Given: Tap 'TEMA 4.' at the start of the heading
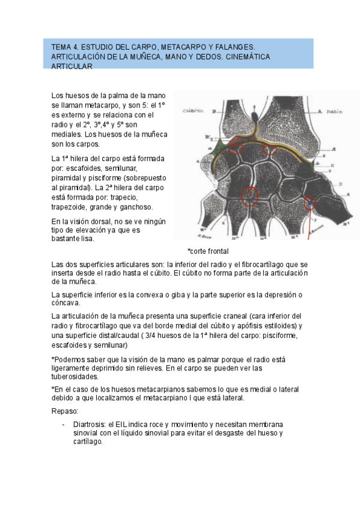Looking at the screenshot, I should click(x=64, y=46).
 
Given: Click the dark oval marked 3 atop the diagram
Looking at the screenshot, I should click(x=254, y=114).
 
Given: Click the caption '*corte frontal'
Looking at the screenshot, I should click(x=208, y=251).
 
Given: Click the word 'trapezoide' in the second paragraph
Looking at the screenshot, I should click(x=70, y=207).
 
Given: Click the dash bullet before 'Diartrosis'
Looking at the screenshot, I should click(x=64, y=423).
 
